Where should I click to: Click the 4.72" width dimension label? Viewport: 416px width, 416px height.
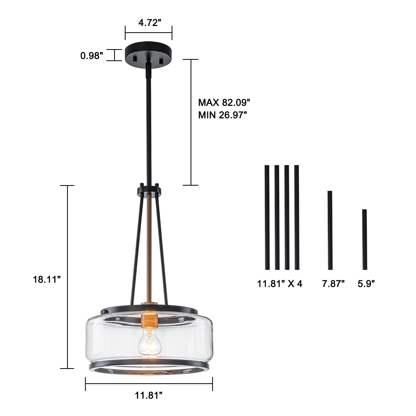click(x=148, y=23)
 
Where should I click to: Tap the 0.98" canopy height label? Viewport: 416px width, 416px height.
click(x=92, y=55)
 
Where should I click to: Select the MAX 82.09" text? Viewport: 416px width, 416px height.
click(x=224, y=102)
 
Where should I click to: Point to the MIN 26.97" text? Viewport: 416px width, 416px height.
click(x=222, y=115)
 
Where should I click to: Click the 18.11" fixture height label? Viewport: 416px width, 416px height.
click(x=47, y=279)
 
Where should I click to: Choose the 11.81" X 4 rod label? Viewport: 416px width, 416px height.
click(x=280, y=283)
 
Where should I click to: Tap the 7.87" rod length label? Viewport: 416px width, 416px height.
click(x=333, y=283)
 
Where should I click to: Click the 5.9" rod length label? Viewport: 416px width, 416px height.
click(x=366, y=283)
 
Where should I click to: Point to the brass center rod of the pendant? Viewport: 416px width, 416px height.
click(x=149, y=247)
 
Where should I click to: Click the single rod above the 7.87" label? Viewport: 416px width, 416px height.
click(x=330, y=230)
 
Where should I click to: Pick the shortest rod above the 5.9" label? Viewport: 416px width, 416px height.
click(x=365, y=239)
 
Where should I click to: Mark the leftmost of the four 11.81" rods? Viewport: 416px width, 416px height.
click(x=267, y=217)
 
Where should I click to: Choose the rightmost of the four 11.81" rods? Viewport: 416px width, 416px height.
click(x=297, y=217)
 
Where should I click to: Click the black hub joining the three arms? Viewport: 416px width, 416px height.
click(x=149, y=191)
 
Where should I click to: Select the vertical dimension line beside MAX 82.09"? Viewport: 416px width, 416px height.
click(x=191, y=122)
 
